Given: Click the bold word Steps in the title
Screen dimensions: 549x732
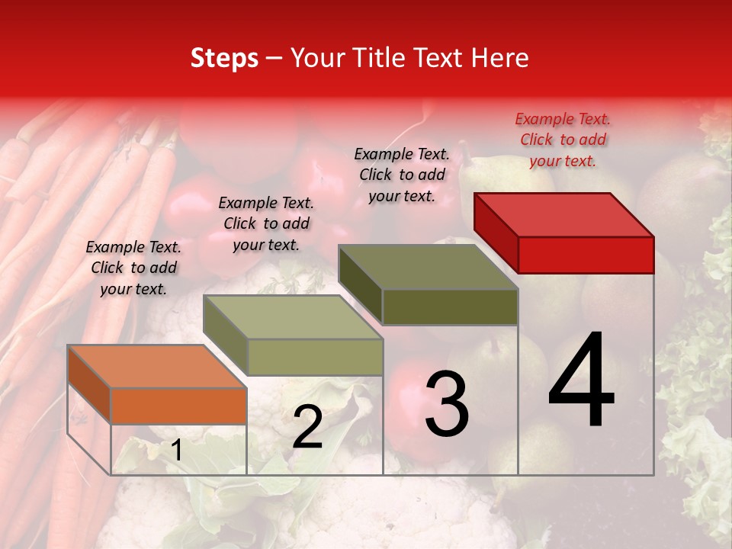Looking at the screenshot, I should pos(224,58).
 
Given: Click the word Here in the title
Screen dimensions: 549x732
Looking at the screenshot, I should pos(500,58).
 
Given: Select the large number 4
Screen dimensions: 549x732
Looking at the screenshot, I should pos(581,380).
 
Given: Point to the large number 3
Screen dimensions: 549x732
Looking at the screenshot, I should pos(446,404).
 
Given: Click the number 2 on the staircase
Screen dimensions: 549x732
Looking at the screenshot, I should pos(307,427).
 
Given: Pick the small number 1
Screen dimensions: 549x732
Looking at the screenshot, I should pos(177,451).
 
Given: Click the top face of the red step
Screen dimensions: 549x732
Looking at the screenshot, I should pos(564,214).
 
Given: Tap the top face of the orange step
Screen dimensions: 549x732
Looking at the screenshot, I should pos(157,366).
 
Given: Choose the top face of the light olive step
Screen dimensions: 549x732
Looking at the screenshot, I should pos(293,316).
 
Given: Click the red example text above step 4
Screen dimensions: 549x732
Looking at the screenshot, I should pos(563,140).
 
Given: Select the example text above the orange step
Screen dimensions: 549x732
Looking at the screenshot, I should pos(133,268).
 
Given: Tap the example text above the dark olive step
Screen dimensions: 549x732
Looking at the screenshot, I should pos(402,174).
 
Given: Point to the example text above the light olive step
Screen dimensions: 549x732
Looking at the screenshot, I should pos(265,223).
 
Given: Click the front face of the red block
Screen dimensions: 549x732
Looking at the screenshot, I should pos(586,255).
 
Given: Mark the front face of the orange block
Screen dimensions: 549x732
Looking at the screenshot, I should pos(178,406).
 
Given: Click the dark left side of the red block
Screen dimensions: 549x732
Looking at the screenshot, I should pos(496,232).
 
